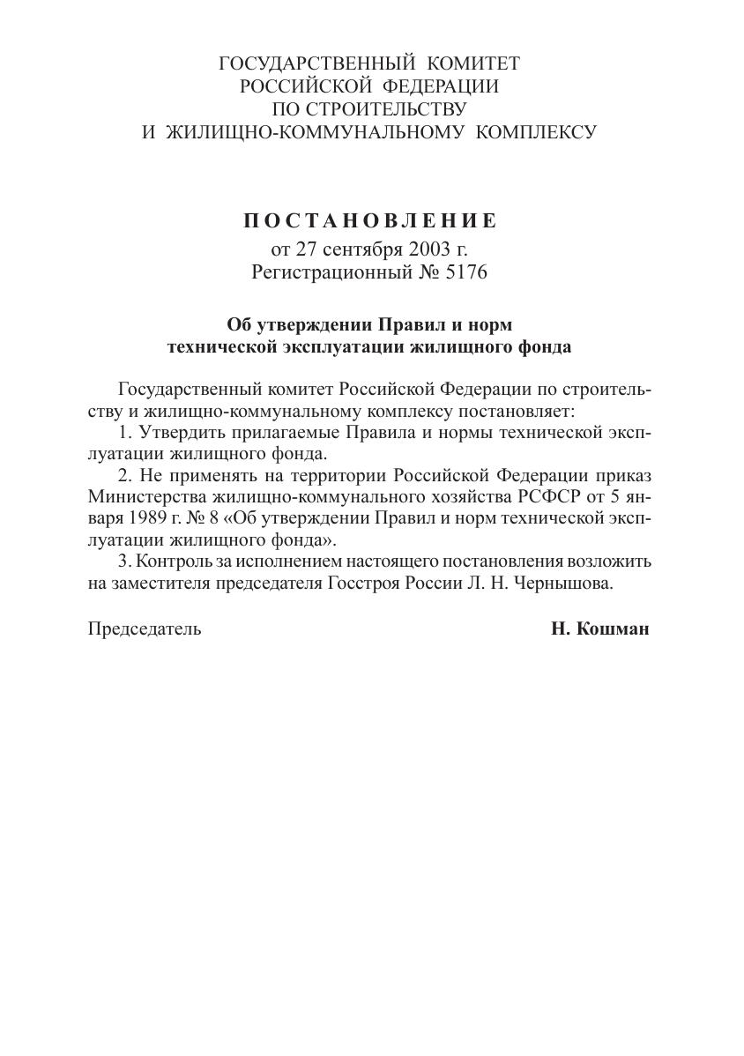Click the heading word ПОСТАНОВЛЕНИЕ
pyautogui.click(x=369, y=220)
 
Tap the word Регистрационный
pyautogui.click(x=331, y=272)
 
